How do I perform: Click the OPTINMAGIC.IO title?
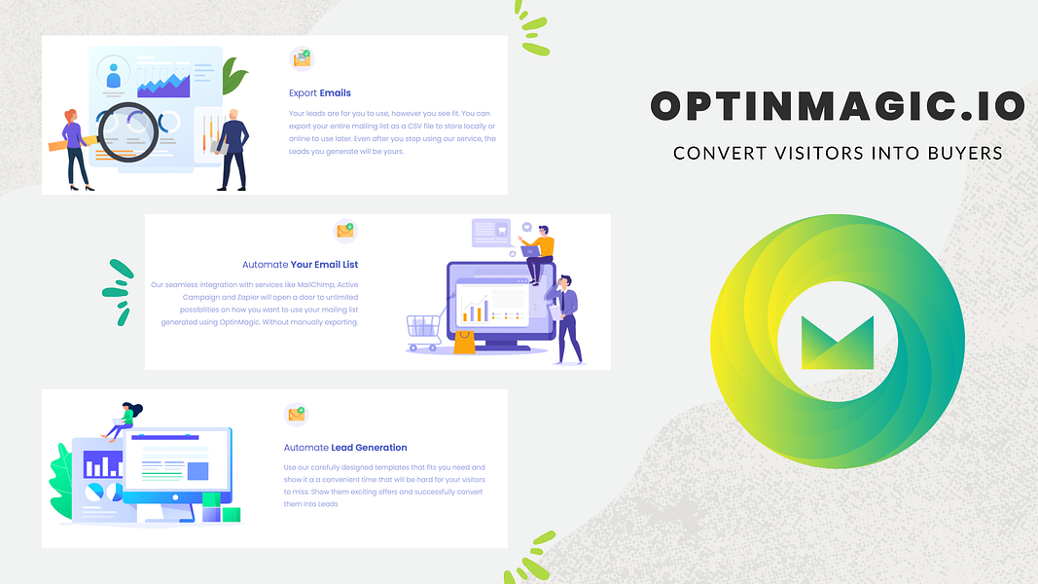click(x=837, y=106)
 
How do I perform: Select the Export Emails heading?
click(x=319, y=93)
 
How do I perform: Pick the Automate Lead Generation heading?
click(x=344, y=448)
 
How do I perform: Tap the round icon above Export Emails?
click(x=302, y=59)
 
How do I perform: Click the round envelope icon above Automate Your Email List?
click(x=344, y=231)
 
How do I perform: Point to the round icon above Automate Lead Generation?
click(x=296, y=415)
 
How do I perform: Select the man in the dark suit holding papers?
click(x=232, y=148)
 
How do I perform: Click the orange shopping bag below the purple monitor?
click(x=465, y=341)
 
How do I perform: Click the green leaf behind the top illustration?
click(x=233, y=76)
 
